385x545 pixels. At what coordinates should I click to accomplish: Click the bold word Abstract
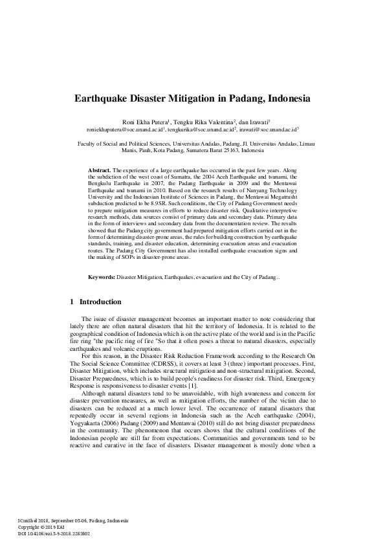100,168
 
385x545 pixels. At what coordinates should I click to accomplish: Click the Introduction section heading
100,302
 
